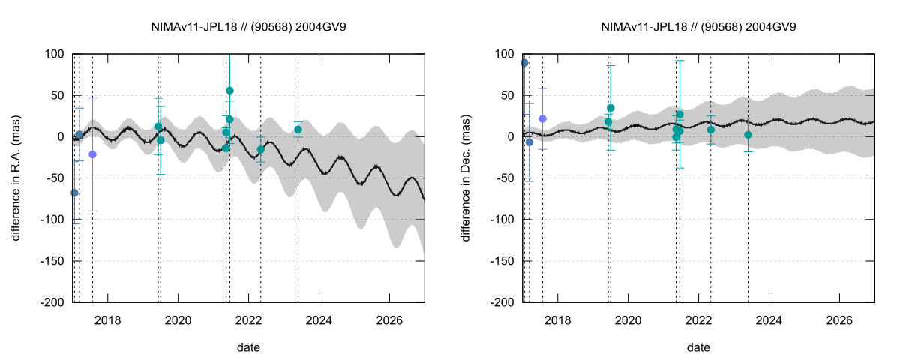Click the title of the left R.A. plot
tap(248, 26)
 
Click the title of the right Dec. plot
tap(698, 26)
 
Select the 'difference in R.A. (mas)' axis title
tap(16, 178)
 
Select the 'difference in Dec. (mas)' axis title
tap(466, 178)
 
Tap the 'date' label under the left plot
tap(248, 347)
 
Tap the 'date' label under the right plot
tap(698, 347)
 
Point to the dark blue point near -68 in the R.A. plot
tap(74, 193)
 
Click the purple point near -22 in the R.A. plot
tap(92, 154)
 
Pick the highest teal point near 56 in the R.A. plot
tap(229, 91)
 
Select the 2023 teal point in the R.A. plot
tap(298, 130)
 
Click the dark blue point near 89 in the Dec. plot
tap(524, 63)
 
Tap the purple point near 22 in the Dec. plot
tap(542, 118)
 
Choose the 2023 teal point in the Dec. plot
tap(748, 135)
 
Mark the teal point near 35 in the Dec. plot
tap(610, 108)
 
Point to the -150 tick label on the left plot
tap(53, 261)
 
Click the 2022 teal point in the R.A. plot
tap(260, 150)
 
